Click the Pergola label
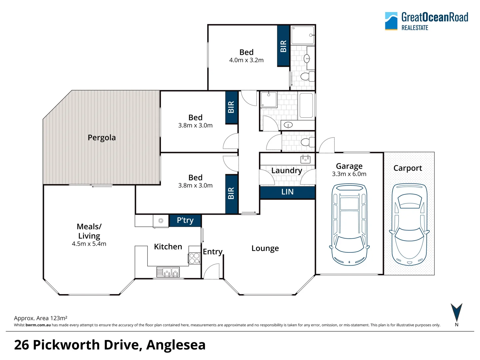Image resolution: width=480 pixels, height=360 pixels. click(102, 138)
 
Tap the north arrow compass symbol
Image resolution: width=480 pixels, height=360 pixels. click(456, 312)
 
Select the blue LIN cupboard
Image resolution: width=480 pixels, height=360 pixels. click(287, 192)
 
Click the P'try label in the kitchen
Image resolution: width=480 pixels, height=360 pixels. click(185, 220)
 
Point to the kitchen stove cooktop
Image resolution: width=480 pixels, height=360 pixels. click(194, 258)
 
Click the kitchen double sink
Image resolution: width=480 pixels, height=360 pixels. click(168, 272)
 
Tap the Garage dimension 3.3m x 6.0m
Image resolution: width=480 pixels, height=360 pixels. click(349, 174)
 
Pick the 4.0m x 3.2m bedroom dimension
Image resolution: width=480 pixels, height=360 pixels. click(246, 60)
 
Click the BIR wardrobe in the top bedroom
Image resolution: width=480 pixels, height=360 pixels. click(283, 46)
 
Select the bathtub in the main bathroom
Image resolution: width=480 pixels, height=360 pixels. click(306, 105)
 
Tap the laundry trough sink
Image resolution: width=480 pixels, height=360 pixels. click(305, 159)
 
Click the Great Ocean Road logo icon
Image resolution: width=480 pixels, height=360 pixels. click(391, 21)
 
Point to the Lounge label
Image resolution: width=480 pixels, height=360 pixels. click(265, 248)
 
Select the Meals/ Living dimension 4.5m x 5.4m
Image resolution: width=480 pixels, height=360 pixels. click(89, 244)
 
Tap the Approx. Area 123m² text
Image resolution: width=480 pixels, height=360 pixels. click(41, 318)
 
